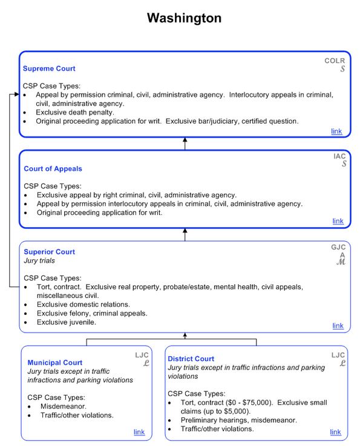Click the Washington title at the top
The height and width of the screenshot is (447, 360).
[184, 18]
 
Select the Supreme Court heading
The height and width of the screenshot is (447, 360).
[49, 69]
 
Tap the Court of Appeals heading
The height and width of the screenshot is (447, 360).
[53, 168]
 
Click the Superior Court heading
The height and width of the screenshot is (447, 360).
[50, 252]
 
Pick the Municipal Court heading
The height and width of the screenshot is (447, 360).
[55, 363]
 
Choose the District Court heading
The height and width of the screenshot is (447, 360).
[191, 359]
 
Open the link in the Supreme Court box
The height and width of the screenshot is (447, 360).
[336, 131]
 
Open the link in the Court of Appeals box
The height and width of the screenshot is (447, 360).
[338, 221]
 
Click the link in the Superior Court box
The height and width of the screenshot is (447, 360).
[338, 326]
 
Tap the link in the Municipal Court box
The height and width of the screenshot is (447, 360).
[139, 432]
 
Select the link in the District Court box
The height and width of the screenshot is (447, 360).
[335, 432]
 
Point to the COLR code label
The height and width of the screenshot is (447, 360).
[335, 61]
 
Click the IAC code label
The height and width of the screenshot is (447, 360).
[339, 156]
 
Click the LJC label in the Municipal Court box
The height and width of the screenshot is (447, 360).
[141, 355]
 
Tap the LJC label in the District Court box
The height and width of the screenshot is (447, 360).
[338, 355]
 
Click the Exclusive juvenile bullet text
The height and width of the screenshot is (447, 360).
[67, 322]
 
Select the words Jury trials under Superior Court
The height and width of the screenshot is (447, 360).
[39, 260]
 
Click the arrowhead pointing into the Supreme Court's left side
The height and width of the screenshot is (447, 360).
[15, 95]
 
